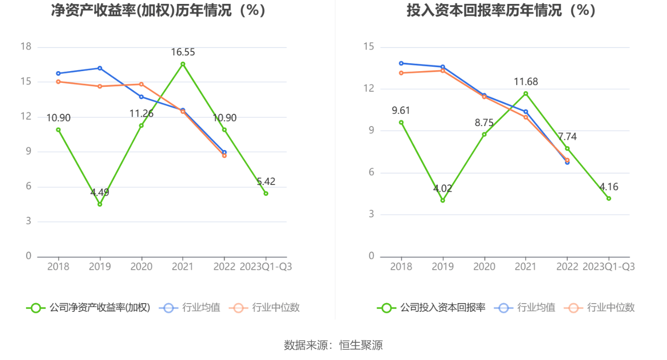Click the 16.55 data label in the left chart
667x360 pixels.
pos(183,52)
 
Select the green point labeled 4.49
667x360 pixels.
pos(100,204)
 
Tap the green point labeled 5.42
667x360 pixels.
pos(266,193)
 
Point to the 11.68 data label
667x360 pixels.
pos(526,82)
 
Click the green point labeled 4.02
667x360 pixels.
pos(442,200)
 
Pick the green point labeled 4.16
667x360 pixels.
pos(609,198)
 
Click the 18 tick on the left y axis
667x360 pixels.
pos(26,47)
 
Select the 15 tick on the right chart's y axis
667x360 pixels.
pos(368,47)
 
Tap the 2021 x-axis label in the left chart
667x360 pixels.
pos(183,267)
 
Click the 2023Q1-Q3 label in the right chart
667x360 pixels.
pos(609,267)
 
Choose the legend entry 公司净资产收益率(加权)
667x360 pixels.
pos(89,308)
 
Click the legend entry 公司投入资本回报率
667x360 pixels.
pos(432,308)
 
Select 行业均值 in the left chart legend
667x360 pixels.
pos(192,308)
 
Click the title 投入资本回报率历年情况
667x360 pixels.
pos(501,10)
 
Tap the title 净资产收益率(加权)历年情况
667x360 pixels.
pos(159,10)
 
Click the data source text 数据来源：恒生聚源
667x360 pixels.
pos(333,345)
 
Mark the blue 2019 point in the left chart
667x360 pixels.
pos(100,68)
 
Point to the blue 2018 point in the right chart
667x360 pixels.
pos(401,63)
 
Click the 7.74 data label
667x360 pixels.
pos(567,137)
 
